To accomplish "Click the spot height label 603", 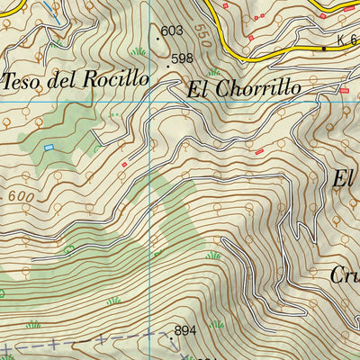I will pyautogui.click(x=172, y=31).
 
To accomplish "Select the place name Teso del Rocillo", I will pyautogui.click(x=76, y=79).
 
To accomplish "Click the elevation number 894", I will pyautogui.click(x=185, y=332).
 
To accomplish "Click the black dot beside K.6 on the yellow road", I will pyautogui.click(x=324, y=48).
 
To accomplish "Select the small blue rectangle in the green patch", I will pyautogui.click(x=49, y=148).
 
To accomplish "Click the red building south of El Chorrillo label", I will pyautogui.click(x=260, y=151).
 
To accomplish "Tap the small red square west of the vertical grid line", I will pyautogui.click(x=124, y=165).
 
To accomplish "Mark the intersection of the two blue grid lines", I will pyautogui.click(x=150, y=102).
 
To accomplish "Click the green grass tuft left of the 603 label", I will pyautogui.click(x=138, y=51).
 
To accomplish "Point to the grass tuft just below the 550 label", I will pyautogui.click(x=213, y=72).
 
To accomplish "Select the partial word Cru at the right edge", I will pyautogui.click(x=344, y=276).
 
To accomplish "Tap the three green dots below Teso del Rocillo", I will pyautogui.click(x=112, y=115).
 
